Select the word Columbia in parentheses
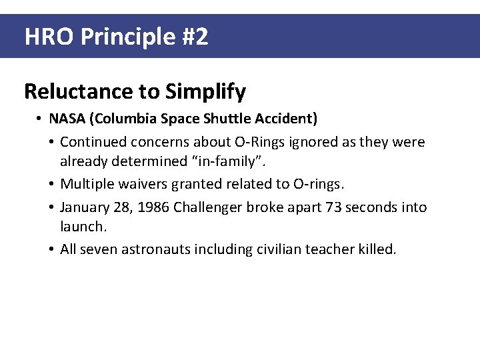[123, 119]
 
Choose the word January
[85, 207]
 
